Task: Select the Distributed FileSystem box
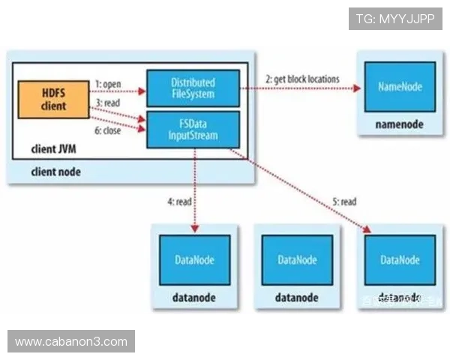click(192, 88)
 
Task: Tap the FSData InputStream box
click(192, 130)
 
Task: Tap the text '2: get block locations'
click(302, 79)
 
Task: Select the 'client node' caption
click(56, 172)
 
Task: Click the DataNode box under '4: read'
click(193, 259)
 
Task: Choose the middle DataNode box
click(297, 259)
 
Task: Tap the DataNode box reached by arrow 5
click(400, 259)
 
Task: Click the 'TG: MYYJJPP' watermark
click(395, 18)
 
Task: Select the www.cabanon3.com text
click(71, 342)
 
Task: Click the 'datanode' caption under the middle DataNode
click(297, 298)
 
